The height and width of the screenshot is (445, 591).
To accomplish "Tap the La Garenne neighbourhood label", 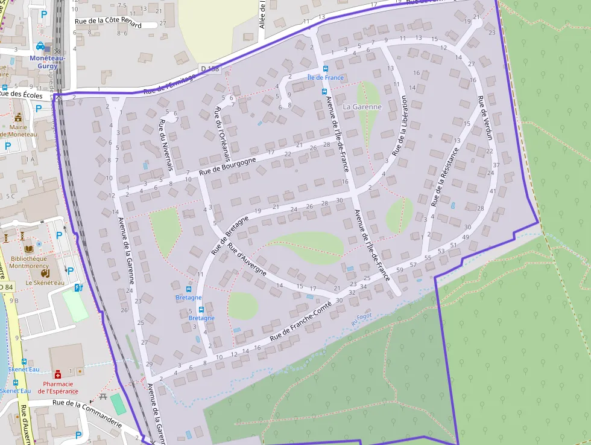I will click(362, 107).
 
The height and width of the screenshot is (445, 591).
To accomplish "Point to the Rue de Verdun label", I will click(485, 118).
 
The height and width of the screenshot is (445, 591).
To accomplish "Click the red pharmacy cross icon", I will click(58, 374).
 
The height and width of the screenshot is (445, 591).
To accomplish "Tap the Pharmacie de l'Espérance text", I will click(58, 387).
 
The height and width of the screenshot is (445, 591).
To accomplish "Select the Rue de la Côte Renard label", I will click(108, 23).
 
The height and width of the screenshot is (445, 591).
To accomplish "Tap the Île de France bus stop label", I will click(325, 77).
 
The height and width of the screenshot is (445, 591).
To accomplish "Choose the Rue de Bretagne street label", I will click(229, 234).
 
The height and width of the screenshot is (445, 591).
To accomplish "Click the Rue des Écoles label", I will click(21, 95).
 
